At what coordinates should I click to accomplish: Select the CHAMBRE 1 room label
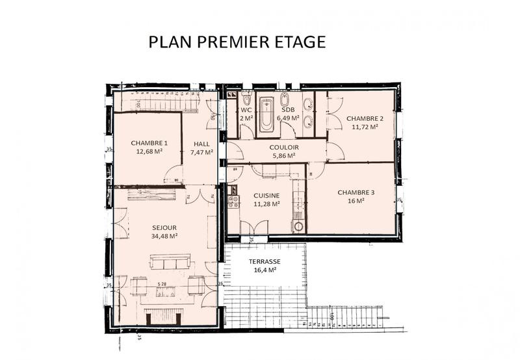(149, 143)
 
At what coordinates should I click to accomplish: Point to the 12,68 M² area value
(149, 152)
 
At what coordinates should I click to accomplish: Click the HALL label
(201, 144)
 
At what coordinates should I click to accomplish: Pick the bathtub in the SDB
(266, 116)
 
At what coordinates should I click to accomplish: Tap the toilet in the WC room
(246, 101)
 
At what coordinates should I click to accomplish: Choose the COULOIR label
(283, 147)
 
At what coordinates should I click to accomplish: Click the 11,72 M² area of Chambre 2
(364, 127)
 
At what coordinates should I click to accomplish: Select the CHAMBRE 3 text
(356, 192)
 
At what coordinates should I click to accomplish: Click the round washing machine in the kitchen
(298, 227)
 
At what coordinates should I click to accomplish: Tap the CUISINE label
(266, 195)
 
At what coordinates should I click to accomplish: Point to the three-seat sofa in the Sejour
(170, 262)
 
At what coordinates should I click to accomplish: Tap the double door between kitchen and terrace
(253, 228)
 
